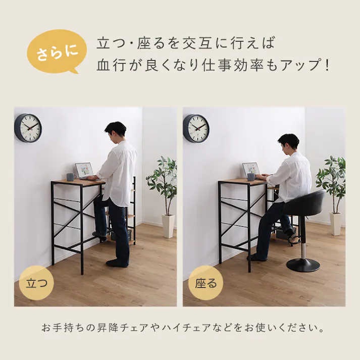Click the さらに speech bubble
coord(55,52)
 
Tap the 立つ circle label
coord(36,282)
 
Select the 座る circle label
coord(205,282)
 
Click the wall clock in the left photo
coord(28,128)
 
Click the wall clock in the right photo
coord(196,128)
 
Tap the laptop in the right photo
coord(251,170)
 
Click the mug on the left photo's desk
coord(70,176)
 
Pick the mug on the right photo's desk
coord(250,177)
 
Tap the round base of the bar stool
coord(303,264)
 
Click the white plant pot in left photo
coord(168,226)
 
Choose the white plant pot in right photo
coord(335,223)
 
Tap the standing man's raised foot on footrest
coord(99,234)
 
